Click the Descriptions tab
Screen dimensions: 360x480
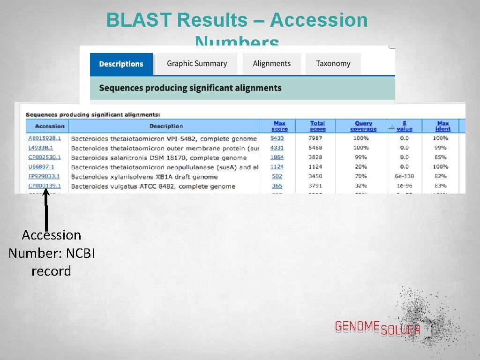coord(121,64)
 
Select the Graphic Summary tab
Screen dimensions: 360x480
coord(197,63)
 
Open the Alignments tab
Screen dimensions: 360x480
coord(271,63)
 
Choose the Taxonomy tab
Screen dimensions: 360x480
coord(333,63)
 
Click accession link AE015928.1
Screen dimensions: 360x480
coord(45,138)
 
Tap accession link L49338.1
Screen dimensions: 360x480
coord(41,148)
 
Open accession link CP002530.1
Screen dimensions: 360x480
coord(45,157)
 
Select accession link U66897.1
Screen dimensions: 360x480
coord(41,167)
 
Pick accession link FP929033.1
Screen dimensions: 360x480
coord(44,177)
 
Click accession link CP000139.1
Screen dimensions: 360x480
coord(45,186)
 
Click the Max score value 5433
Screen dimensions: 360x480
coord(277,138)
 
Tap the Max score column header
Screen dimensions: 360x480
coord(279,126)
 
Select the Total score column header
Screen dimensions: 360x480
coord(318,126)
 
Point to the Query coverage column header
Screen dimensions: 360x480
coord(363,126)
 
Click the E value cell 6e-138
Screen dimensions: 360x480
coord(404,176)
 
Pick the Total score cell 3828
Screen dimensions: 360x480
coord(315,157)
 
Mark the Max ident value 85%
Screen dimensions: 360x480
coord(441,157)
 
